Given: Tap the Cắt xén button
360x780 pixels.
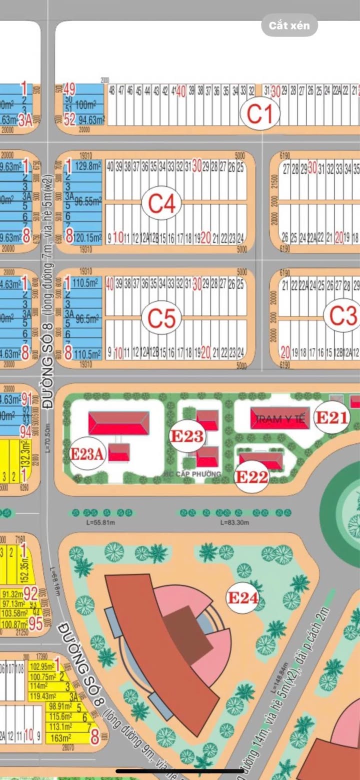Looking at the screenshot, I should [x=289, y=25].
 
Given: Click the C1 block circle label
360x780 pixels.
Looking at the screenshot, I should [x=259, y=113].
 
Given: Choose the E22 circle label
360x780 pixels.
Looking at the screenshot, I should [x=252, y=476].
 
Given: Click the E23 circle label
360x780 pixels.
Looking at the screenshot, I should [x=187, y=436].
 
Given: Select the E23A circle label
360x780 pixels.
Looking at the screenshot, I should [x=87, y=454].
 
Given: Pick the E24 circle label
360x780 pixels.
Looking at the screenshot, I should [x=242, y=597].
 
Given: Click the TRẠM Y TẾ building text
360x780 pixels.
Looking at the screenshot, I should [x=280, y=420].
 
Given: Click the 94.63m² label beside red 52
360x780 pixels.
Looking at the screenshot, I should [x=91, y=120].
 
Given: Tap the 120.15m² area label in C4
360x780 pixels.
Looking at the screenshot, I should [x=88, y=236].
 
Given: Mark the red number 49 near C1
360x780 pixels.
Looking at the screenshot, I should [x=69, y=89].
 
